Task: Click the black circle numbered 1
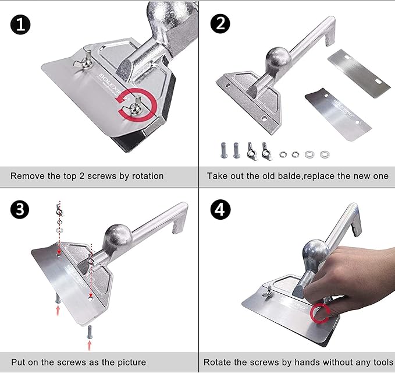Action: click(20, 24)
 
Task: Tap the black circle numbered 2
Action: click(220, 23)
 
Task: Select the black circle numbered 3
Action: click(20, 209)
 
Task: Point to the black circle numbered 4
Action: click(220, 209)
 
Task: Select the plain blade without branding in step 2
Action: click(359, 73)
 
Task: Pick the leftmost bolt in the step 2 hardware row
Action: click(224, 150)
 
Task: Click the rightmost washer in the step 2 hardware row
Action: click(325, 154)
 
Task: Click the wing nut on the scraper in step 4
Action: click(268, 292)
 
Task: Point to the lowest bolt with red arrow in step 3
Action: click(89, 332)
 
